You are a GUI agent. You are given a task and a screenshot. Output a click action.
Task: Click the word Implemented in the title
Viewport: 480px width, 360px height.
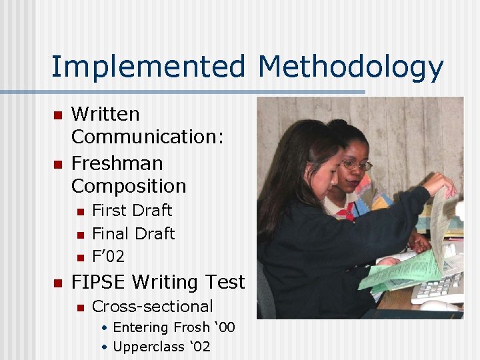point(149,67)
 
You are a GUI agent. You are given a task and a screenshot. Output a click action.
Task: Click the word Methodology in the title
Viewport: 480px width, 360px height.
point(351,67)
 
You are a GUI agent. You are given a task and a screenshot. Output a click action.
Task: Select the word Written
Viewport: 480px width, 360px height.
point(105,114)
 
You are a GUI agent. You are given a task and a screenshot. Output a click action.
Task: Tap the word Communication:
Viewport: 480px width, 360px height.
point(147,137)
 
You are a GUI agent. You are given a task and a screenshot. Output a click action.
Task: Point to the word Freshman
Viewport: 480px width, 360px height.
point(117,163)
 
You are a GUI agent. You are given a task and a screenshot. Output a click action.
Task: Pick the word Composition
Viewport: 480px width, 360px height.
point(129,186)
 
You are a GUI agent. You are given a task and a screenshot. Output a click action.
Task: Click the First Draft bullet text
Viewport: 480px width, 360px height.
point(132,211)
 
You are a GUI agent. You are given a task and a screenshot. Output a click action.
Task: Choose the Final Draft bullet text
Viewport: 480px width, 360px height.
point(133,234)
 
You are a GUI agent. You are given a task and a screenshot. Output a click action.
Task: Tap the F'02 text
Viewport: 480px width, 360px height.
point(108,257)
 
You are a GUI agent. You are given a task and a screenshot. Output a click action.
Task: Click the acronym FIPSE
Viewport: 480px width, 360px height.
point(98,283)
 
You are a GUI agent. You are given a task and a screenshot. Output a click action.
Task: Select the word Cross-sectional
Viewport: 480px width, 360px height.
point(153,307)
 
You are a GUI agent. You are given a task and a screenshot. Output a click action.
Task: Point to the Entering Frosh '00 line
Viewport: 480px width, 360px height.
point(174,328)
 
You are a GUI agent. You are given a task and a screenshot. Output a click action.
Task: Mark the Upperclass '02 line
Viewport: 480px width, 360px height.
point(162,347)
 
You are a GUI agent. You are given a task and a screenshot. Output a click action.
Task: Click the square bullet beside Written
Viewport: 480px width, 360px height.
point(57,115)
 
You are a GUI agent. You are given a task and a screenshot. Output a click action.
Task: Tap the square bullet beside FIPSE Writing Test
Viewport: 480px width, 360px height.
point(57,283)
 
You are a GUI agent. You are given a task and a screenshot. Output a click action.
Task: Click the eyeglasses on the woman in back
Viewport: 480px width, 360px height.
point(357,165)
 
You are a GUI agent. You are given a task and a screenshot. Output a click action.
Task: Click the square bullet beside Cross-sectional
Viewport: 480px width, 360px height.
point(79,307)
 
